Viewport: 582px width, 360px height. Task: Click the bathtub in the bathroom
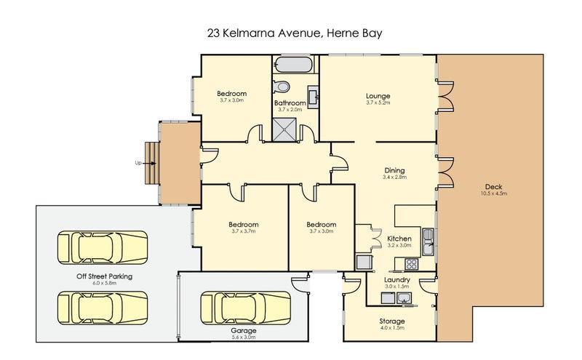[294, 65]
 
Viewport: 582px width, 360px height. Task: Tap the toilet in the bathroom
[281, 87]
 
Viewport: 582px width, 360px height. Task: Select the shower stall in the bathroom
[284, 129]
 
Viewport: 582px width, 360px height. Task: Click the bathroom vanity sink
[313, 97]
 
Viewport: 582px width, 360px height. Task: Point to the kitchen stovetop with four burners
[411, 264]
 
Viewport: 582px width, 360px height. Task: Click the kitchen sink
[428, 241]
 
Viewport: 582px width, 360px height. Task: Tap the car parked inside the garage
[246, 308]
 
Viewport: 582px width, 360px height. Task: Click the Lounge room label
[378, 96]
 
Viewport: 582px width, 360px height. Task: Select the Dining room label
[394, 170]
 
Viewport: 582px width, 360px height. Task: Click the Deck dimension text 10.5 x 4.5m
[494, 193]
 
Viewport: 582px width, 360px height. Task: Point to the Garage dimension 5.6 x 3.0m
[244, 337]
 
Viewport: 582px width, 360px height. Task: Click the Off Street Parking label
[104, 276]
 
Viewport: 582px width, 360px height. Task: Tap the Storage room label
[392, 321]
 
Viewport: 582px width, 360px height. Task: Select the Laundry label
[396, 280]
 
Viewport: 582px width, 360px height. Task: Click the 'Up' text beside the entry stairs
[138, 163]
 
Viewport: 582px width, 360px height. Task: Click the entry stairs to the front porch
[152, 163]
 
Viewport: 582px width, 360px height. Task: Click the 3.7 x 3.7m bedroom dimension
[244, 231]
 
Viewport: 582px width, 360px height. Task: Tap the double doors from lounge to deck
[446, 97]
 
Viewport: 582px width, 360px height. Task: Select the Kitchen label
[399, 239]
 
